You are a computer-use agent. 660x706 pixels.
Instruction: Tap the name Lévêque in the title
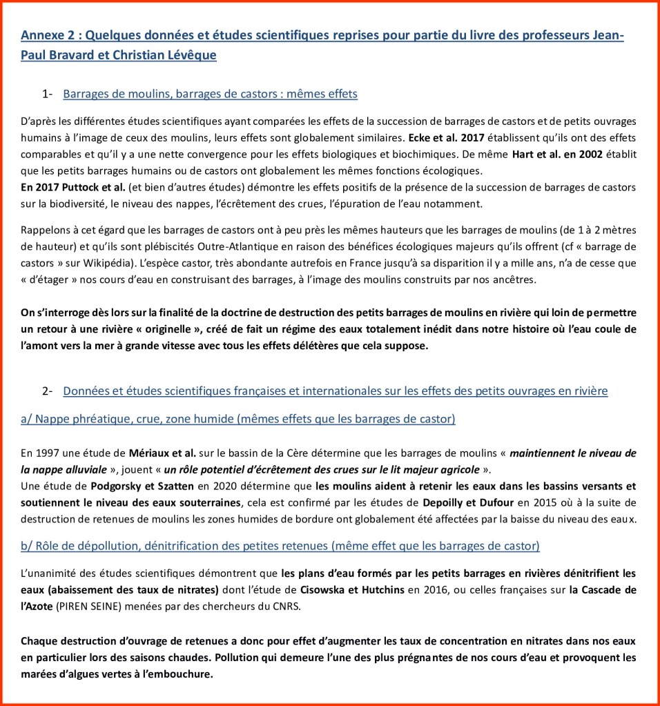[187, 55]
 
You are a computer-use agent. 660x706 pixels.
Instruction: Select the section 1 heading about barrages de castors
[210, 93]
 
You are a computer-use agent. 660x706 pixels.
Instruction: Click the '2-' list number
[48, 391]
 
